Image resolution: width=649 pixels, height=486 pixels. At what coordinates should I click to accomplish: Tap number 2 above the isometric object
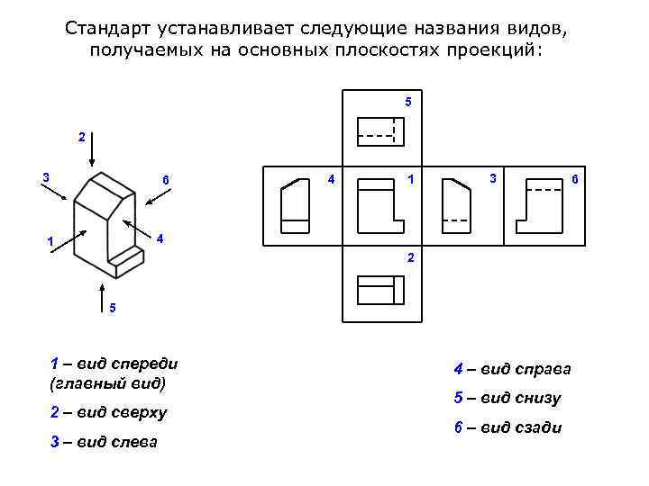pos(81,138)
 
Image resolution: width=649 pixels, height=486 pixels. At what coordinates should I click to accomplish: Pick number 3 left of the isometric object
pos(46,176)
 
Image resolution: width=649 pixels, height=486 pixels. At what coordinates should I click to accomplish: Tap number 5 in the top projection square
pos(407,102)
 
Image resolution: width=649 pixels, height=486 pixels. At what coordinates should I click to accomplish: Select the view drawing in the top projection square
pos(381,131)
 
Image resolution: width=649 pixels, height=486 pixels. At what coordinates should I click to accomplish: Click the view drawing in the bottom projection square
pos(381,290)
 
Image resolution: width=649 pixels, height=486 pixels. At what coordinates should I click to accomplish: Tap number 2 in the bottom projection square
pos(411,258)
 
